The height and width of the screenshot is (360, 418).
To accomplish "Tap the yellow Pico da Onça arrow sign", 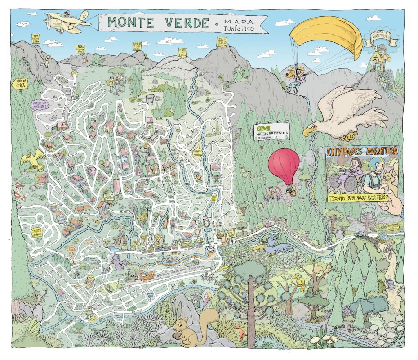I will (x=18, y=84).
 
